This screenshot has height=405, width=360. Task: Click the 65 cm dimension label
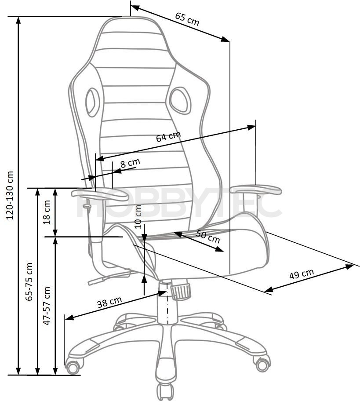(187, 19)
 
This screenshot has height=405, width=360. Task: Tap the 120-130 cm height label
(10, 195)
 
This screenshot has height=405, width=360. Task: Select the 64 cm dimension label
(168, 136)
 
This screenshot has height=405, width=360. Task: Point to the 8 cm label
(130, 163)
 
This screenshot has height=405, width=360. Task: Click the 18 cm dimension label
(47, 212)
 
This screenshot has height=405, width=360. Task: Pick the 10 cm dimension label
(138, 216)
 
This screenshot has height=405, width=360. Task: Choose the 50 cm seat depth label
(208, 236)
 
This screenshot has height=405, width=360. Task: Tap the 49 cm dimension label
(302, 274)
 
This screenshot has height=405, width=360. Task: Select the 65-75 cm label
(29, 281)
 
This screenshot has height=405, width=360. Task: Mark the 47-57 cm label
(47, 306)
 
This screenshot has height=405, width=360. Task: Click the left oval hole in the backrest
(92, 102)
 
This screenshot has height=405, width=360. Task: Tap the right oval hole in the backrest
(180, 100)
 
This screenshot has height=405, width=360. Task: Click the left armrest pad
(100, 194)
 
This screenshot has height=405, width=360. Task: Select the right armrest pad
(255, 190)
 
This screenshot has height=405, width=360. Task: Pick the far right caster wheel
(262, 364)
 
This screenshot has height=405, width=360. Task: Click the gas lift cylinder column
(167, 302)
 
